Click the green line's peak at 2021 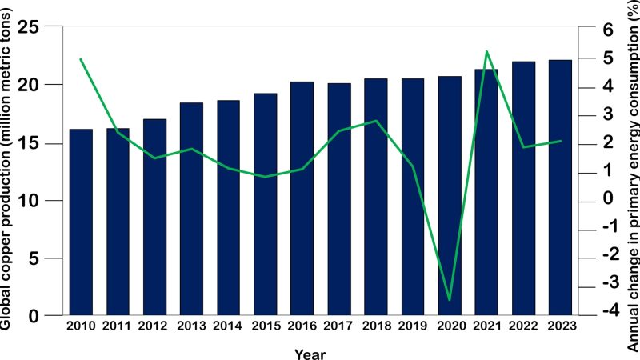pos(486,51)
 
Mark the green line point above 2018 pos(376,121)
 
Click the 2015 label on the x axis pos(265,326)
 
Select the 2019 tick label pos(412,326)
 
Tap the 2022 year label pos(522,326)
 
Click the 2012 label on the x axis pos(154,326)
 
